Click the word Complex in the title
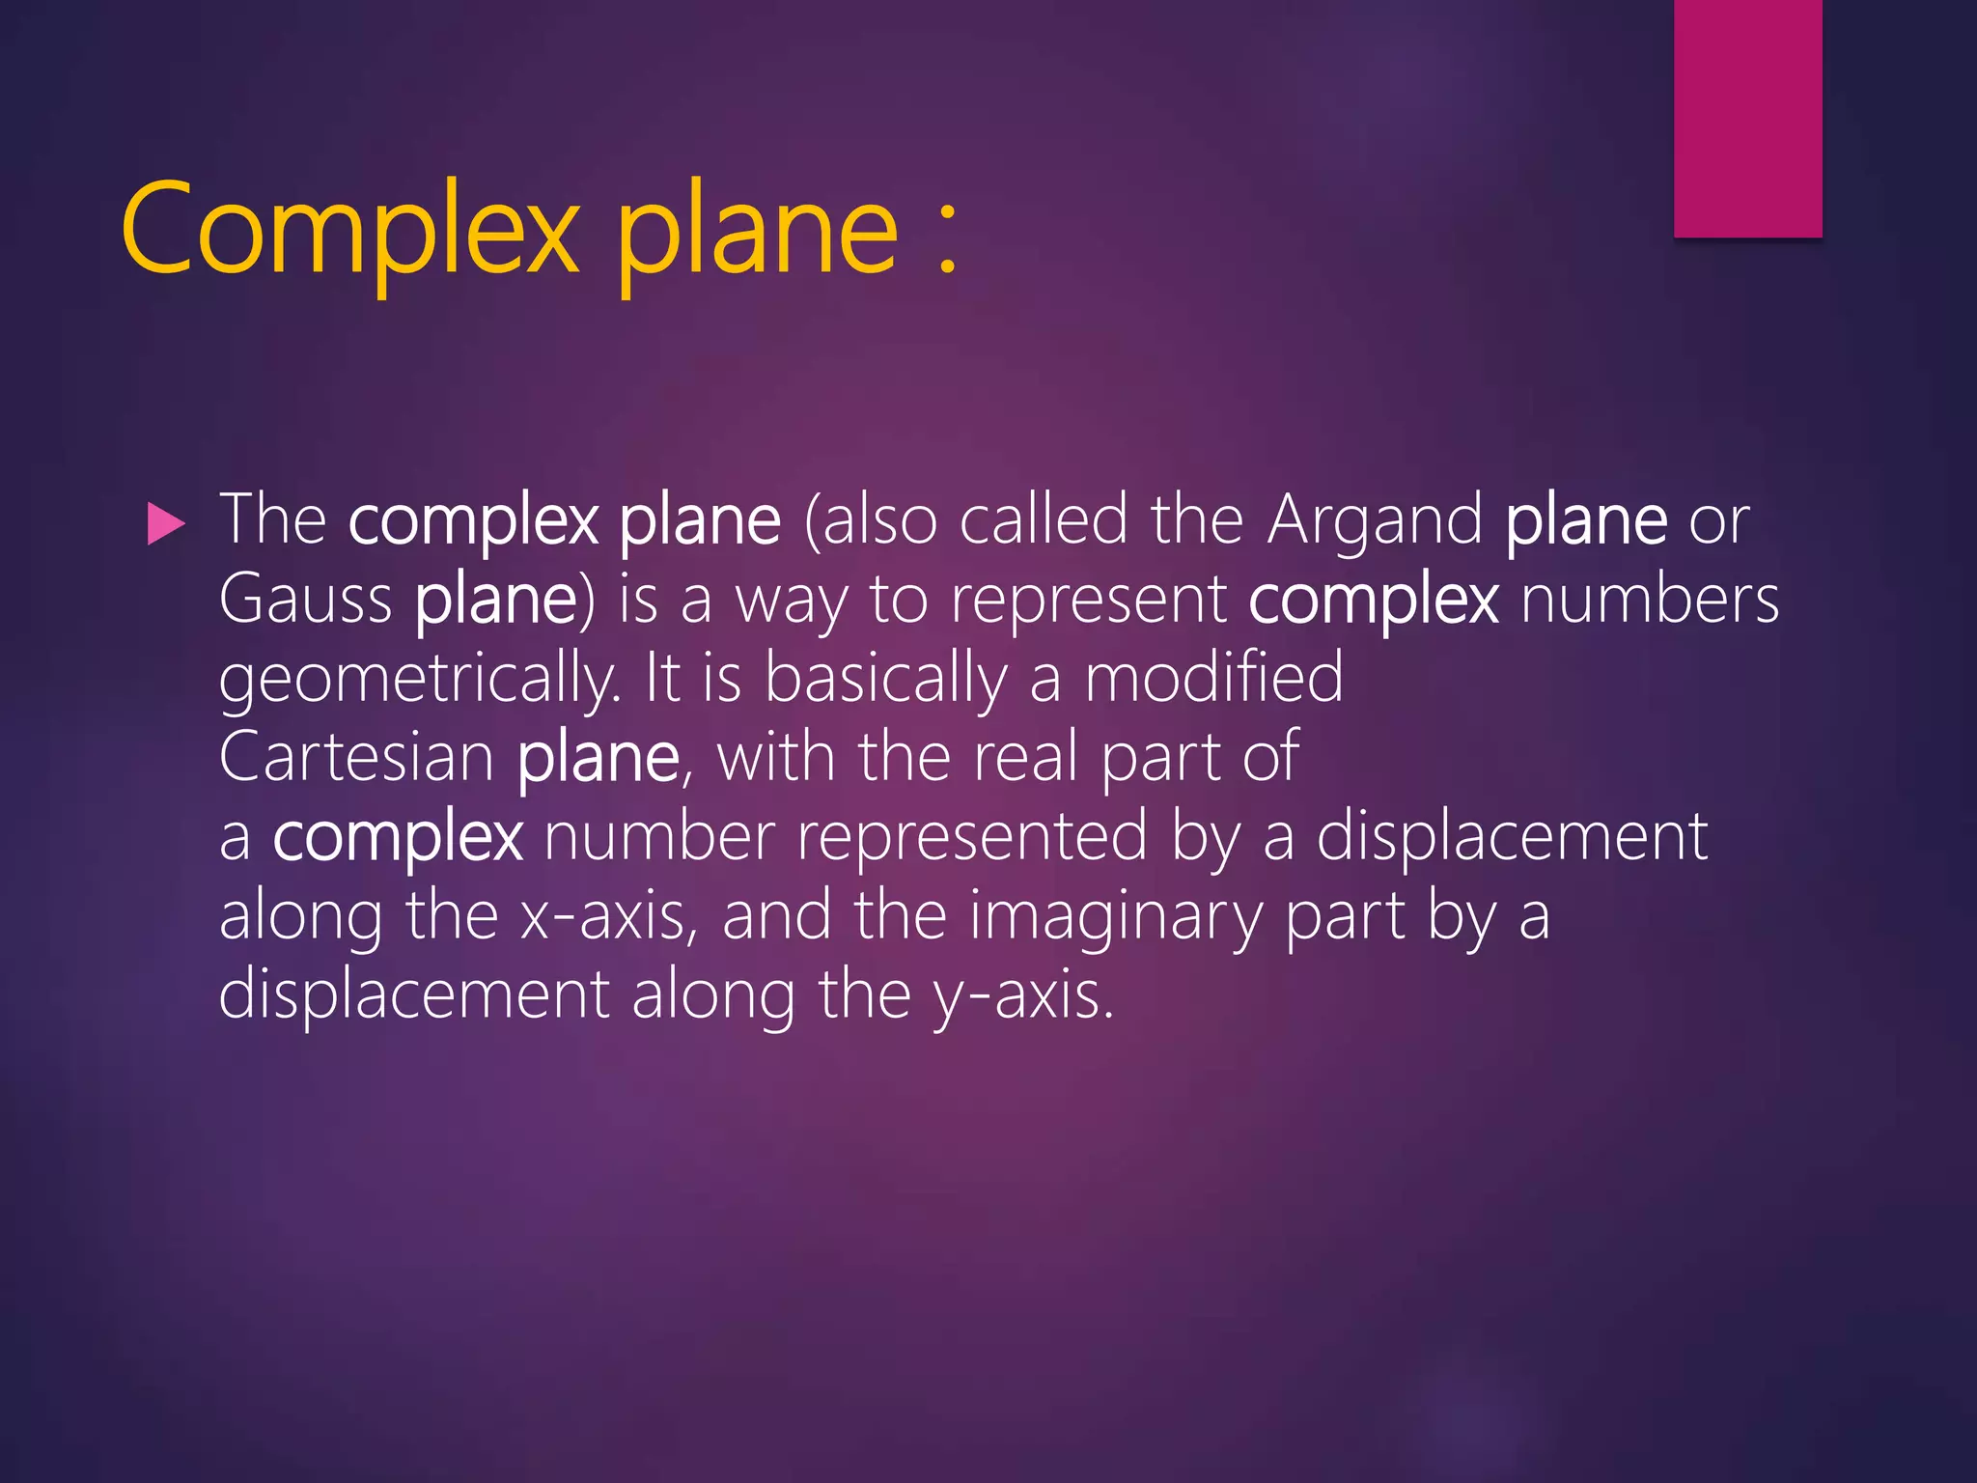(349, 230)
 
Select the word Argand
(1375, 521)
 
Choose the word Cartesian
(356, 758)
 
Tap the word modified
(1213, 678)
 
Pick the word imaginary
(1115, 917)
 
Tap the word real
(1025, 758)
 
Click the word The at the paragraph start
(273, 521)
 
